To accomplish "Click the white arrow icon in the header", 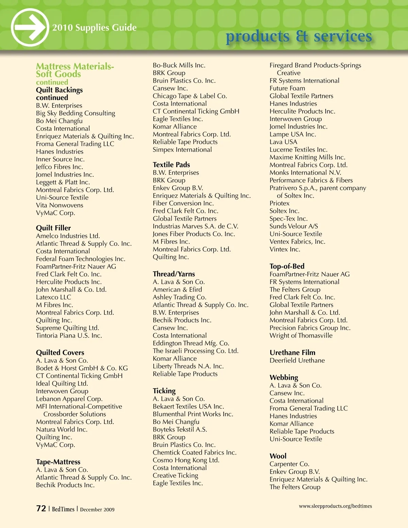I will coord(30,28).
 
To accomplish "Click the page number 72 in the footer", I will coord(41,508).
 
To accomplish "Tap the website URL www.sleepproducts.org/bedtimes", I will coord(335,506).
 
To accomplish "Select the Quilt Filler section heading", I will coord(53,228).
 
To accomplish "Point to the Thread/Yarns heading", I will coord(174,274).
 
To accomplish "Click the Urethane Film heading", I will coord(292,353).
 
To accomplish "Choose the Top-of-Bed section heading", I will coord(287,266).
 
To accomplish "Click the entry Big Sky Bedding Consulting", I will coord(75,113).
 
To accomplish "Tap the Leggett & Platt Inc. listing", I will coord(63,182).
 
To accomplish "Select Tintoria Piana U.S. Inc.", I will coord(69,336).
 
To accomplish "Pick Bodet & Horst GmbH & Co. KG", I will coord(82,368).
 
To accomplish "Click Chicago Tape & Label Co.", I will coord(190,96).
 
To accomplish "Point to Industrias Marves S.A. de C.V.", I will coord(195,226).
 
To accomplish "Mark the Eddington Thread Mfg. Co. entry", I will coord(191,343).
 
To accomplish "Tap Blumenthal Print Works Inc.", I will coord(193,414).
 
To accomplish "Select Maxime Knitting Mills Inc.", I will coord(307,157).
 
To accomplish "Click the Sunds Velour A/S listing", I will coord(294,226).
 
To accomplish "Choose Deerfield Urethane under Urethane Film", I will coord(297,360).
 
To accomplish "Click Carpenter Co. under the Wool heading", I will coord(289,464).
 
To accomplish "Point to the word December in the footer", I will coord(91,509).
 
